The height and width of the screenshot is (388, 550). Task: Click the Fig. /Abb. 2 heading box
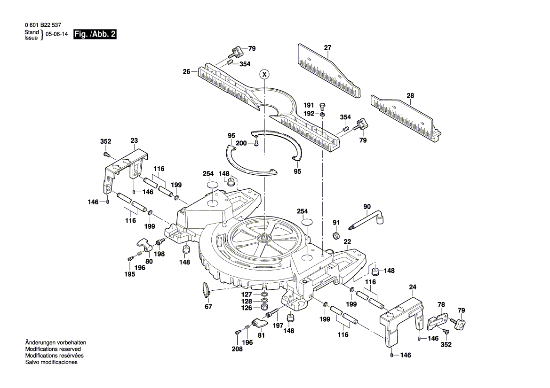coord(95,35)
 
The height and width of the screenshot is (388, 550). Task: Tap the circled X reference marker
coord(265,74)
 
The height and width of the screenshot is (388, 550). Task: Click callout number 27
coord(327,47)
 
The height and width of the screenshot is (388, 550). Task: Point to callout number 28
coord(410,96)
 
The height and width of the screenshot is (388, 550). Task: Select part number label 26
coord(186,72)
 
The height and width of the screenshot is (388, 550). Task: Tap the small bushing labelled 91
coord(336,235)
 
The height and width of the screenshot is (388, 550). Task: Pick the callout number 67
coord(208,306)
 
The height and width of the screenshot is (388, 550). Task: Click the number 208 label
coord(237,349)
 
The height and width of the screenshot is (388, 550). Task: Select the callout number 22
coord(347,241)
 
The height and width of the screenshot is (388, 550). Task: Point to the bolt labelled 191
coord(323,106)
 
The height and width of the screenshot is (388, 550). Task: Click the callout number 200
coord(241,143)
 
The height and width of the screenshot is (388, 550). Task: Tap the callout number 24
coord(413,287)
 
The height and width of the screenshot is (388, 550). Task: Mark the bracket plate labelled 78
coord(438,320)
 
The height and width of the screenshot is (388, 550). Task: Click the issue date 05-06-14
coord(56,35)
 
